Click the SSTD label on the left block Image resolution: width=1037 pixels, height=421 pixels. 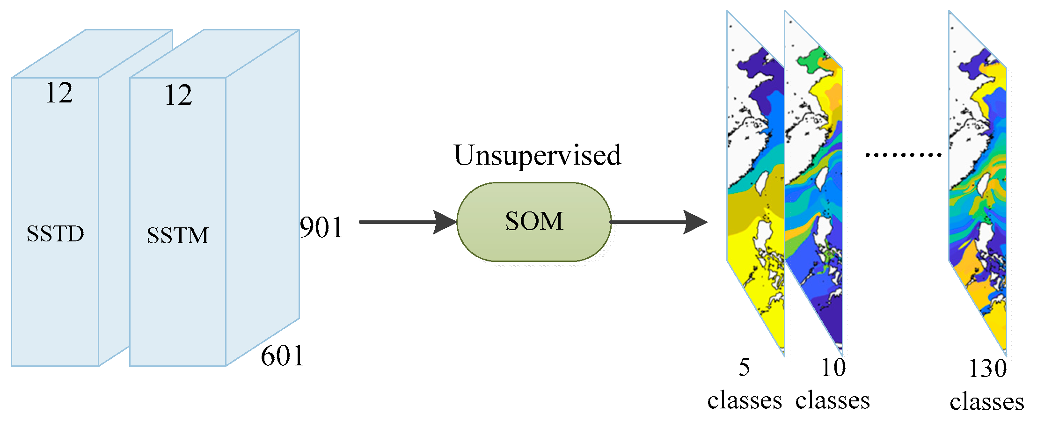pos(55,233)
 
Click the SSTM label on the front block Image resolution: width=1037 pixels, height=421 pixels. pos(178,235)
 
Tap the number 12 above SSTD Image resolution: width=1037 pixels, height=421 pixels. pos(59,93)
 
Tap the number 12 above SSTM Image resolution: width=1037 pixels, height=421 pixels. pos(178,95)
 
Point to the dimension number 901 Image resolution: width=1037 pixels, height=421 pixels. pos(321,227)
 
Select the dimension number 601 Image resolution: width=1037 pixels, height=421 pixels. pos(282,356)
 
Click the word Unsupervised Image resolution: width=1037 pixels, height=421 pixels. pos(537,155)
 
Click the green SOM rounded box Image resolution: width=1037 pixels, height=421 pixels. pos(534,222)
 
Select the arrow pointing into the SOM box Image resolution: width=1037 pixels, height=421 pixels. pos(407,222)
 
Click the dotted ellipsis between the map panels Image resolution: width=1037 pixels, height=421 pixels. pos(903,154)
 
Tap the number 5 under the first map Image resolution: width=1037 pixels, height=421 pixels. pos(744,367)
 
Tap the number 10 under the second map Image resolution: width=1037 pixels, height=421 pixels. pos(833,367)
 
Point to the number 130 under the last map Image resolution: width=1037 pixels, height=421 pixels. pos(987,369)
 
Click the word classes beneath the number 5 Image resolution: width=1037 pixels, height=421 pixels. pos(744,400)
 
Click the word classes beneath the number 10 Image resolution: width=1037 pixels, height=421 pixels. pos(833,400)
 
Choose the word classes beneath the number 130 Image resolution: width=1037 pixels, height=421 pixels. pos(987,402)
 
